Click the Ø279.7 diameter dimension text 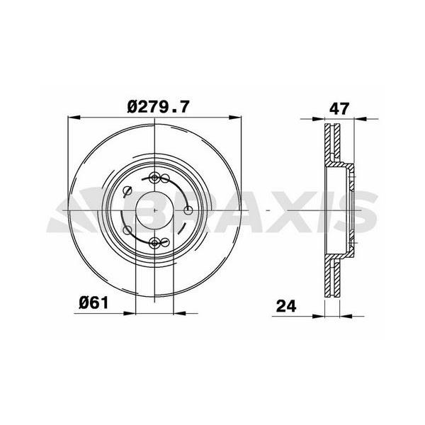coord(157,107)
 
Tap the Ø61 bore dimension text coord(93,302)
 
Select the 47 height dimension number coord(339,108)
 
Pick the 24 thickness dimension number coord(286,306)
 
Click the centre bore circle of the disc coord(154,210)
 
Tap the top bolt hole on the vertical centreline coord(154,178)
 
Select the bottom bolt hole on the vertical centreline coord(154,243)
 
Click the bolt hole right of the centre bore coord(188,210)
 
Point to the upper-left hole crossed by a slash coord(127,191)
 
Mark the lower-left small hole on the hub coord(127,230)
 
